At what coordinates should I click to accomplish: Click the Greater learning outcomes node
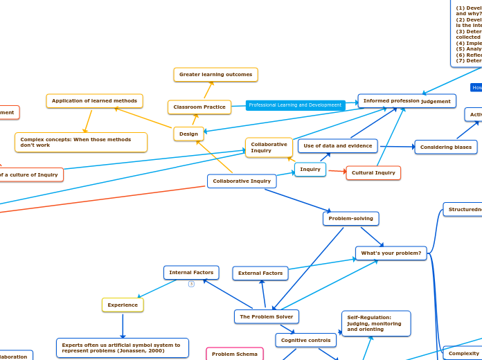[215, 75]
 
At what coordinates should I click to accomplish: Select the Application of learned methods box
[94, 101]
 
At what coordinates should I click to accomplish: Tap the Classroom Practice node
[199, 107]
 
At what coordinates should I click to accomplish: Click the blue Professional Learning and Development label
[295, 105]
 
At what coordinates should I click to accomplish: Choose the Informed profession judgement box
[407, 101]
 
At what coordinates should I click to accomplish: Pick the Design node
[188, 134]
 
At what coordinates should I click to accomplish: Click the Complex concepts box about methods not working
[81, 142]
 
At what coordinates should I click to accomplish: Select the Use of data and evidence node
[337, 146]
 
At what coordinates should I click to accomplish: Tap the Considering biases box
[445, 147]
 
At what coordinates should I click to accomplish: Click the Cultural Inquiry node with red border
[373, 172]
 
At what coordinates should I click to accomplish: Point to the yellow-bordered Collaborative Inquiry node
[269, 147]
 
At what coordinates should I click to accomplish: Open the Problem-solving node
[350, 219]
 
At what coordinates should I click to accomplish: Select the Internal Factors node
[191, 273]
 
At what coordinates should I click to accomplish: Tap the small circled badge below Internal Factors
[191, 284]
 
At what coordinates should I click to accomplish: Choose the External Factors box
[260, 273]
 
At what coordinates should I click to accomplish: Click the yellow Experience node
[123, 305]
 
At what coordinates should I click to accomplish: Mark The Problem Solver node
[266, 316]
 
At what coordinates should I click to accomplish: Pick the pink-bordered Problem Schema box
[235, 354]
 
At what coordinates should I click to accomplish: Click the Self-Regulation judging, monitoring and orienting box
[375, 323]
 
